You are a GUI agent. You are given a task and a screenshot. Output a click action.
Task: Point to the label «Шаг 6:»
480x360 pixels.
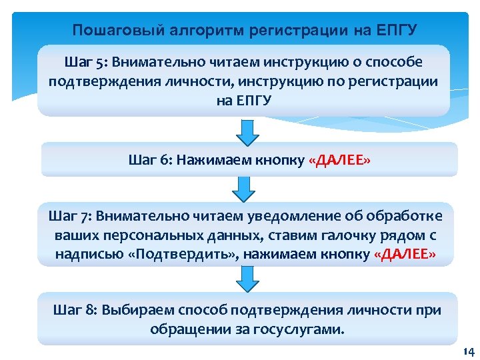point(150,160)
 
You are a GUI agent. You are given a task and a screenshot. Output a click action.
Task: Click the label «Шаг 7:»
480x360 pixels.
point(71,216)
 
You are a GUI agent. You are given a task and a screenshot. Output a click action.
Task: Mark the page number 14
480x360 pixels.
point(467,352)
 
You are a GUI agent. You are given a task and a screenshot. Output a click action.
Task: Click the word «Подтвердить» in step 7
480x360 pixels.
point(175,255)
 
